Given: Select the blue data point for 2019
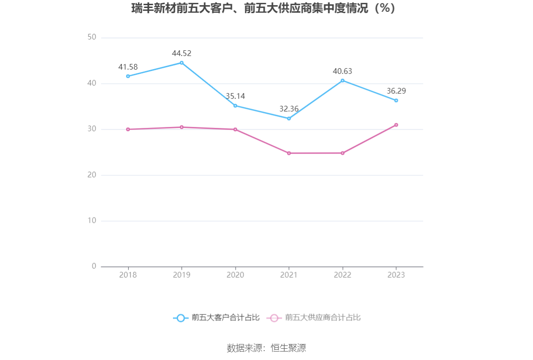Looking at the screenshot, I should [182, 63].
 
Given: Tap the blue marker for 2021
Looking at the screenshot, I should [289, 118].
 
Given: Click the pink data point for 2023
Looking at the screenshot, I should [396, 125].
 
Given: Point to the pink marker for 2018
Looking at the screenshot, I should [128, 129].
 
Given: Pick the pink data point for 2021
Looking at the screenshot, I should [289, 153].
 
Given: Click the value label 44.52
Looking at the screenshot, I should [182, 54].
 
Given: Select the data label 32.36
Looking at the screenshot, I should [289, 109].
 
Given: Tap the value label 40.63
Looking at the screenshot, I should [343, 71].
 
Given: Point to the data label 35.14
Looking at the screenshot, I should [235, 96].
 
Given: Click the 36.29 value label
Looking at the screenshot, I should [396, 91].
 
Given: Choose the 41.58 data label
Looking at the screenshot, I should [128, 67].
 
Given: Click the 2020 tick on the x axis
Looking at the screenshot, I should [235, 275].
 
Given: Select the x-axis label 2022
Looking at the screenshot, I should [343, 275].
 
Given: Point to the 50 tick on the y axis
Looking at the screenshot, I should [92, 38].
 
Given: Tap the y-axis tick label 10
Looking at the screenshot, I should [92, 221].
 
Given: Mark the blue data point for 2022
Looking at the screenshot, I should [343, 80].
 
